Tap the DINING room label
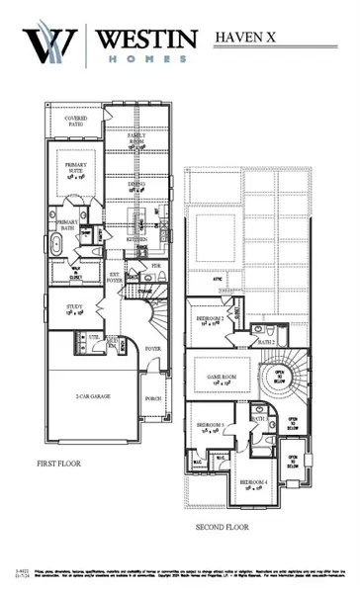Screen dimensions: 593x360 click(138, 184)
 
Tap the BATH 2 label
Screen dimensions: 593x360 click(266, 341)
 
